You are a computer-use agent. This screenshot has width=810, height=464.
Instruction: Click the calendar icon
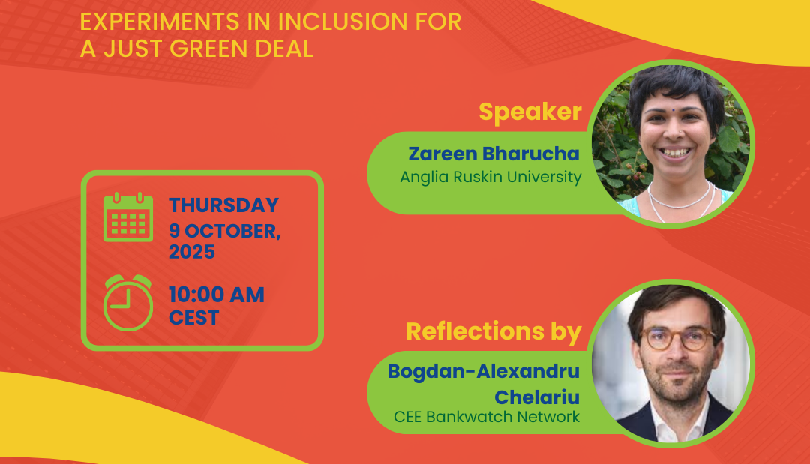tap(128, 217)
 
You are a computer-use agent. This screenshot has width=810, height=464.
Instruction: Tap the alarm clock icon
tap(128, 303)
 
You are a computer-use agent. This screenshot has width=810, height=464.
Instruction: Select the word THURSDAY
tap(223, 205)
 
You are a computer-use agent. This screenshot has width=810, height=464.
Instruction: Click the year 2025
tap(192, 252)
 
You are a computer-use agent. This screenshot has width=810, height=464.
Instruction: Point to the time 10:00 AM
tap(217, 295)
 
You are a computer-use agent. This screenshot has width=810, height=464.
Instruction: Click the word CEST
tap(193, 318)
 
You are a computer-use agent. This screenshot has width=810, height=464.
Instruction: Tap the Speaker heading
tap(530, 112)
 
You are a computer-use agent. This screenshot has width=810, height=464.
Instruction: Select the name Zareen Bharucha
tap(493, 154)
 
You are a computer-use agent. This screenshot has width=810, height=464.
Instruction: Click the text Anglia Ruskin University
tap(490, 177)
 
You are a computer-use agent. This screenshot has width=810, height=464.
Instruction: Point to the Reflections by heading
tap(493, 332)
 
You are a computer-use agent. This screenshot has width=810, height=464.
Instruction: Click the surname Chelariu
tap(537, 397)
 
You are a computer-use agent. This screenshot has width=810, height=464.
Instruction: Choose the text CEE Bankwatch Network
tap(487, 417)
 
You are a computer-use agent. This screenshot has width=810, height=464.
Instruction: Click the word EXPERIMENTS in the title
tap(160, 22)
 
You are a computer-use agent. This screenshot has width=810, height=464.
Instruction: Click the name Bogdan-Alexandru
tap(484, 372)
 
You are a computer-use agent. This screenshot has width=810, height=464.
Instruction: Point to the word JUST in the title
tap(133, 49)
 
